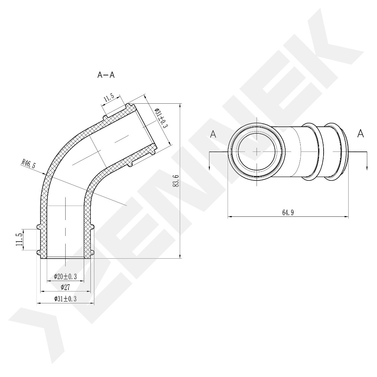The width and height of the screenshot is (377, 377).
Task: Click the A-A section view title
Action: tap(106, 75)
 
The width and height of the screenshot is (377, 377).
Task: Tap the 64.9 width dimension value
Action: tap(288, 213)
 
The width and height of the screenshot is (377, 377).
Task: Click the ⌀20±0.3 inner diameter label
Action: tap(65, 276)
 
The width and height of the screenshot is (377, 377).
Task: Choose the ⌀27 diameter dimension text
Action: tap(65, 287)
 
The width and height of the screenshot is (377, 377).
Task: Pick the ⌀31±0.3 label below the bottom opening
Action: tap(65, 299)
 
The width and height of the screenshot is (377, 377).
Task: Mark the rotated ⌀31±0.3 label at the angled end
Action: tap(161, 118)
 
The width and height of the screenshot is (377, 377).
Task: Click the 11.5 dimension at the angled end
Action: tap(109, 98)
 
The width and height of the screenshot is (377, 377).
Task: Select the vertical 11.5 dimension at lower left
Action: tap(20, 239)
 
